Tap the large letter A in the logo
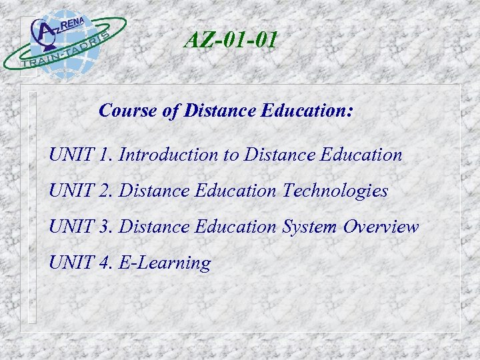point(45,32)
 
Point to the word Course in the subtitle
point(127,111)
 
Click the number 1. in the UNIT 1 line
point(106,155)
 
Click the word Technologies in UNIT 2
point(335,191)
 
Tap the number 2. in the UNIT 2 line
point(107,191)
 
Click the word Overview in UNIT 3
point(381,227)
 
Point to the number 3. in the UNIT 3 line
point(107,227)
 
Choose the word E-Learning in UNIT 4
point(164,263)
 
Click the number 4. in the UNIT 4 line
point(107,263)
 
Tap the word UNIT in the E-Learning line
point(71,263)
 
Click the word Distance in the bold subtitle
point(217,111)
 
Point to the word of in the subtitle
point(169,111)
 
